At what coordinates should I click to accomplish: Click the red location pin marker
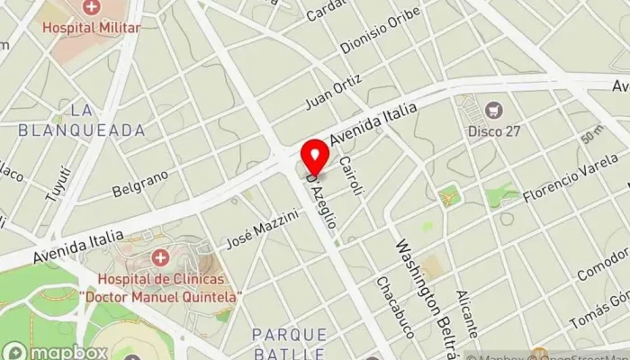315,156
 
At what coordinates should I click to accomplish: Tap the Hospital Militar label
90,28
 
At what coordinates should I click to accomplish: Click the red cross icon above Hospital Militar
90,9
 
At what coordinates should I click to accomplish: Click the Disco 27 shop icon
493,111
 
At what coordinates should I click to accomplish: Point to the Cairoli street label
351,176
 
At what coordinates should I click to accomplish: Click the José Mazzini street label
262,229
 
